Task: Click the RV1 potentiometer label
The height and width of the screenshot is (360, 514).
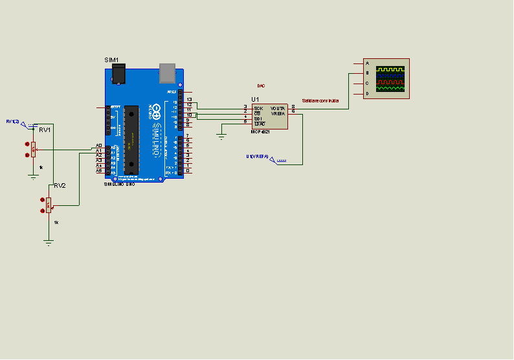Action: [45, 129]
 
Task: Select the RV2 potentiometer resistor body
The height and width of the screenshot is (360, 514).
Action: [49, 205]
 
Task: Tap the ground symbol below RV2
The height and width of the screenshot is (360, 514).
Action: [48, 243]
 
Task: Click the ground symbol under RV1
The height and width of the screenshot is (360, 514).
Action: [33, 175]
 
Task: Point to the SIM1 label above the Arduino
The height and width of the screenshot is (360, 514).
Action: [112, 60]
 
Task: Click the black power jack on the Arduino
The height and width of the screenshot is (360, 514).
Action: [117, 74]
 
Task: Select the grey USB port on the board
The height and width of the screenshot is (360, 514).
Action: [168, 73]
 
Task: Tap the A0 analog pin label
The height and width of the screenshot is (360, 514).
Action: [99, 146]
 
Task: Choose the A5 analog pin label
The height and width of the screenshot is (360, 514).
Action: [99, 171]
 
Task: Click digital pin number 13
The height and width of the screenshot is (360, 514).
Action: [189, 99]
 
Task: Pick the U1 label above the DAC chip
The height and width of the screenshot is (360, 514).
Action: [255, 99]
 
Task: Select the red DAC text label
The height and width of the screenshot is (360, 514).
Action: [261, 85]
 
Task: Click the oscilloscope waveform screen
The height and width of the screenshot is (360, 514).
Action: [390, 78]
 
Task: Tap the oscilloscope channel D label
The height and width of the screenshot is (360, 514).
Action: [367, 94]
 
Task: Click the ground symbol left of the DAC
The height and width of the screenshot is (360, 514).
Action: [221, 136]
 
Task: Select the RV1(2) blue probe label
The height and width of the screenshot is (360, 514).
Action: [12, 121]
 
